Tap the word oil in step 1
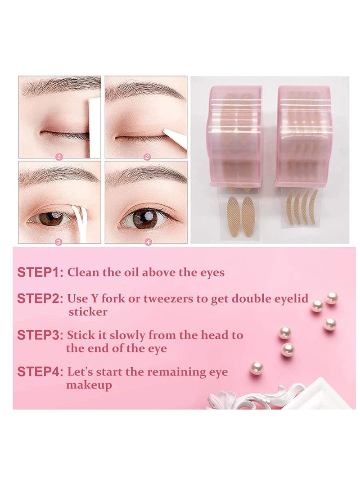coord(132,272)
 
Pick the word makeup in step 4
coord(89,385)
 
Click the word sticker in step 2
coord(88,312)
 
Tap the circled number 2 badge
coord(147,157)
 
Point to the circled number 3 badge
coord(58,242)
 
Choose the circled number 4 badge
coord(148,242)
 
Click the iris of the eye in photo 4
coord(144,218)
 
